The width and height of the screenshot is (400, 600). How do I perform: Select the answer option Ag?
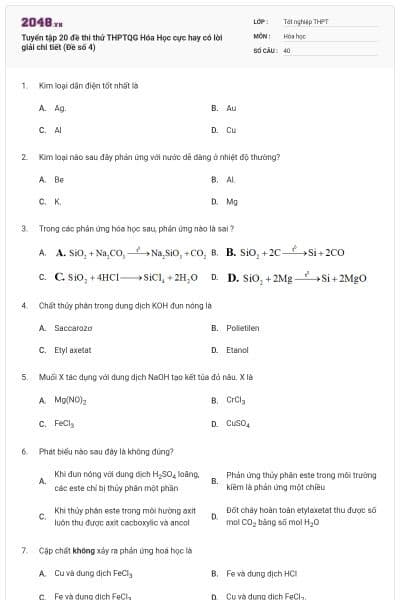click(60, 108)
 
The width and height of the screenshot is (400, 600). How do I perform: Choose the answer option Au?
click(231, 108)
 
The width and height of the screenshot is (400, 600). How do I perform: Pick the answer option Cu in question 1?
click(231, 130)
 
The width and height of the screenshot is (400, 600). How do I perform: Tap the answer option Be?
click(59, 180)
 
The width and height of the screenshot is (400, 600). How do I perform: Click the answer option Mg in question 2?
click(232, 202)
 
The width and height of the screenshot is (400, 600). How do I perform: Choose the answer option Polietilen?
click(242, 328)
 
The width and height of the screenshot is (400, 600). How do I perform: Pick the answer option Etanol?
click(237, 350)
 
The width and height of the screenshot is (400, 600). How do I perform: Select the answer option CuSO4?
click(238, 424)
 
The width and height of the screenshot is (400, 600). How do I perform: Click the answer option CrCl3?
click(236, 401)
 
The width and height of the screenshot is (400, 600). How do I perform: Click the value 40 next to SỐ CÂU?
click(287, 49)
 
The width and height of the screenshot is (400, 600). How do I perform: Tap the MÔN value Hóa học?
click(294, 35)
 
